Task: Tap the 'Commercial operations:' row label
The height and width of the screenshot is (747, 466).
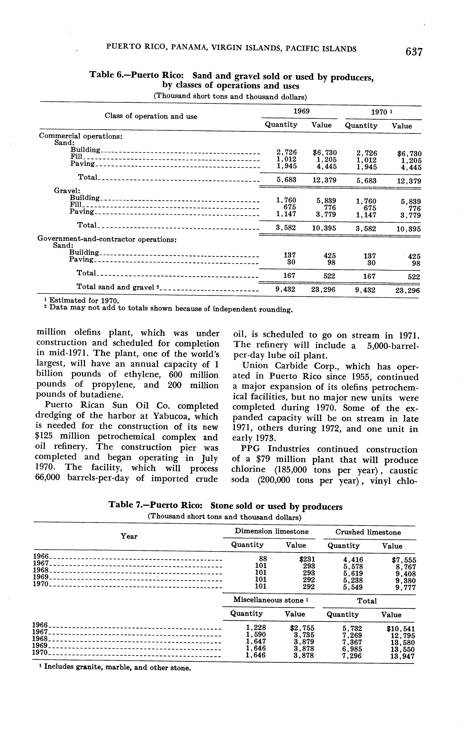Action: coord(81,136)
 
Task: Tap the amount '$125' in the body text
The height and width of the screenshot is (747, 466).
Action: coord(45,437)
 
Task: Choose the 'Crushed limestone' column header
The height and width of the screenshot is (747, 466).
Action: coord(368,532)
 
